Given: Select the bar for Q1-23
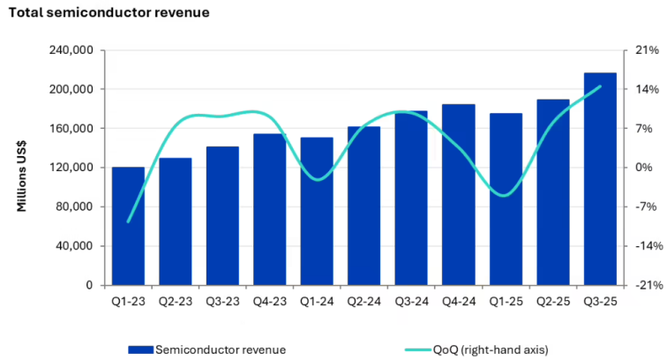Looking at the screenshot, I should point(129,226).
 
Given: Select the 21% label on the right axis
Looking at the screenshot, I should point(647,50).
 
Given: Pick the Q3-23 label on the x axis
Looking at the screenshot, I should point(222,299).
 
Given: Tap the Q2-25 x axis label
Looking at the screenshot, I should point(553,299).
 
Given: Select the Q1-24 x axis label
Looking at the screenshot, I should point(317,299).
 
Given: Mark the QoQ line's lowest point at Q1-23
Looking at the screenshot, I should point(129,221).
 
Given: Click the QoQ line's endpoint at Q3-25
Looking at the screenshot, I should point(600,86).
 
